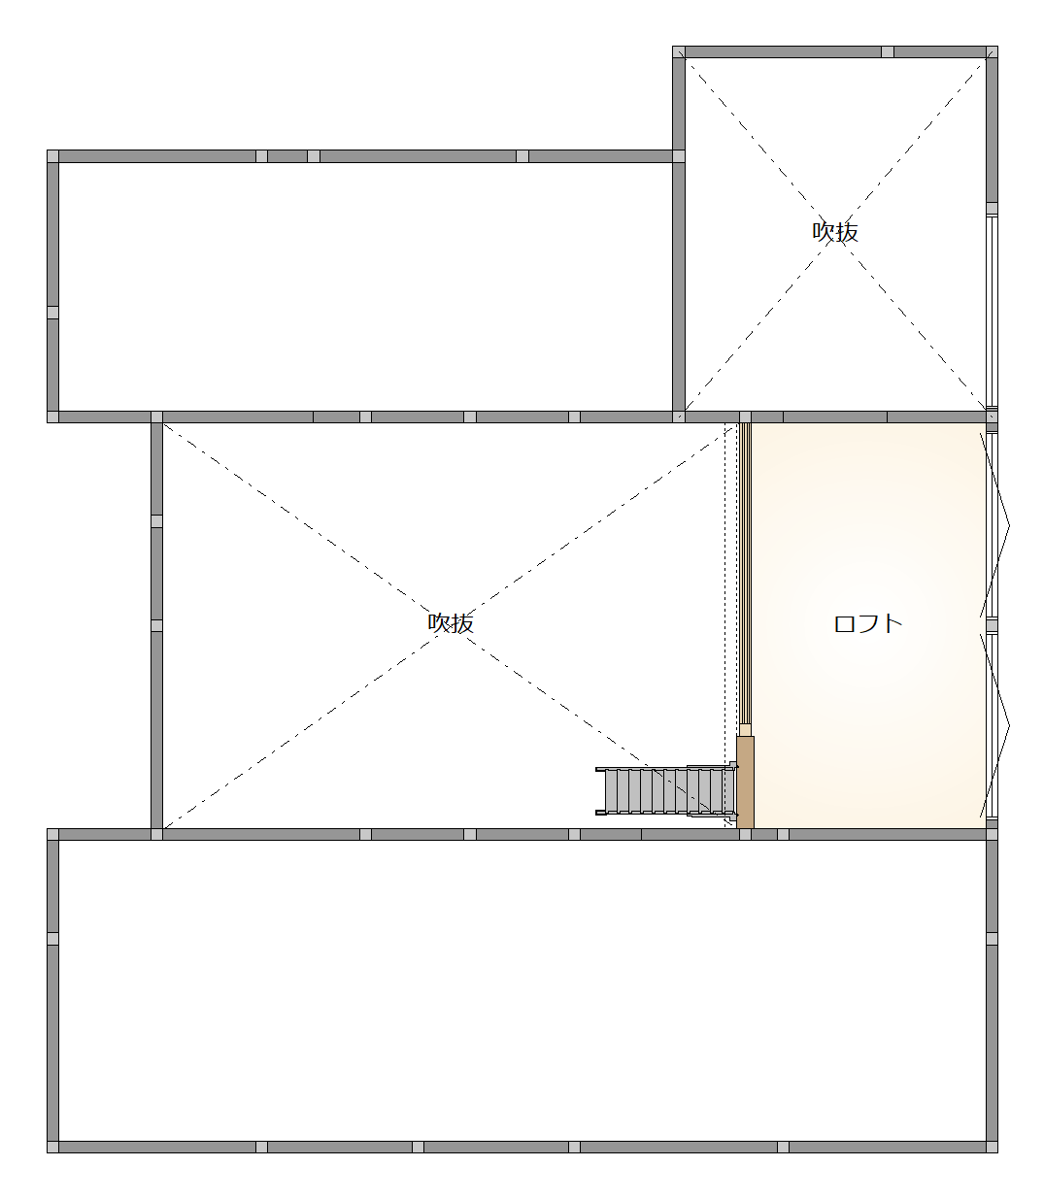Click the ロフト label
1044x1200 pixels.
click(868, 623)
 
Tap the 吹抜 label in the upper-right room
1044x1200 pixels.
click(835, 232)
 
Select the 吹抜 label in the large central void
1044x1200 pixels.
click(452, 622)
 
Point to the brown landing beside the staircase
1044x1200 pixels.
click(745, 782)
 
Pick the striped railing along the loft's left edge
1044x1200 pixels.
click(745, 573)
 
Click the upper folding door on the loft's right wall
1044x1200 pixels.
click(993, 524)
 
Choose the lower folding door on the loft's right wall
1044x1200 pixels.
click(993, 725)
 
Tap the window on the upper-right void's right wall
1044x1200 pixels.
click(992, 309)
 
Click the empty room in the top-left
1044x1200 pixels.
click(364, 286)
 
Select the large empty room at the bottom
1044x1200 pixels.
click(522, 990)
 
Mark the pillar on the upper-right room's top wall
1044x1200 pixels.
click(888, 51)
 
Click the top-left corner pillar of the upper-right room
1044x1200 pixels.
click(679, 51)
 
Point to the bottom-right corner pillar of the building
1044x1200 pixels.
click(992, 1147)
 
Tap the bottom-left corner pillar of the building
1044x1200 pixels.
click(52, 1147)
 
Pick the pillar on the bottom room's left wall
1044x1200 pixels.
click(52, 939)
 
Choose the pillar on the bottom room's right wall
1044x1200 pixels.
click(992, 939)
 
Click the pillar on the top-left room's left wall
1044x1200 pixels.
click(52, 313)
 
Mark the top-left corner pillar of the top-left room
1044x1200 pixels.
click(52, 156)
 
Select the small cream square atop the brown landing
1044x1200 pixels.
click(745, 730)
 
